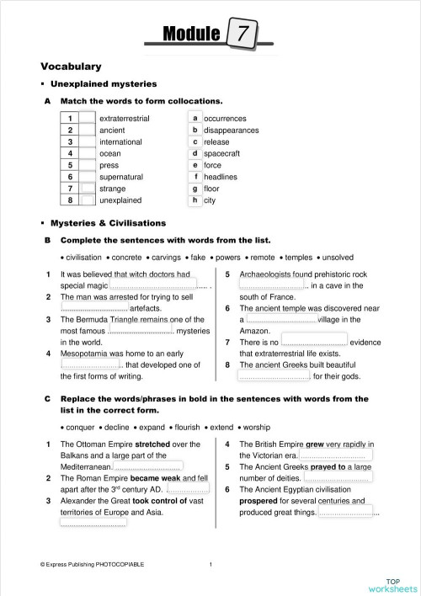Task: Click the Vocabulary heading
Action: pos(71,66)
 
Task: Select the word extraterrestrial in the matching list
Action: pos(124,119)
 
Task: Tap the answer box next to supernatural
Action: pos(88,178)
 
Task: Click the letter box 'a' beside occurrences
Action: pos(195,119)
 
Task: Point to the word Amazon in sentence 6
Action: pos(256,331)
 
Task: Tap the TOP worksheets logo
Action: pos(392,583)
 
